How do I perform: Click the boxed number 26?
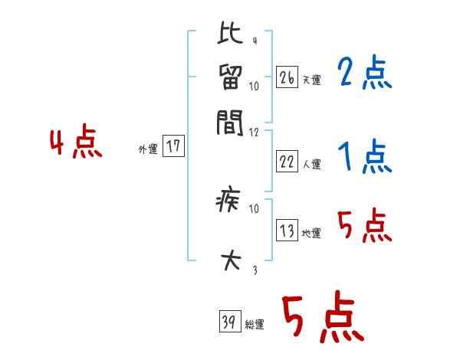[x=287, y=77]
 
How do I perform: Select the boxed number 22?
[x=287, y=162]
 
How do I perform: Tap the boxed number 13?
[x=287, y=231]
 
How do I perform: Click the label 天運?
[x=311, y=80]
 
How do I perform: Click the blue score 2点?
[x=364, y=74]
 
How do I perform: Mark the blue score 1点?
[x=364, y=158]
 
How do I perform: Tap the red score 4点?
[x=76, y=143]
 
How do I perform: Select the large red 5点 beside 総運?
[x=322, y=319]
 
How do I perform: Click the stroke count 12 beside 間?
[x=255, y=133]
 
